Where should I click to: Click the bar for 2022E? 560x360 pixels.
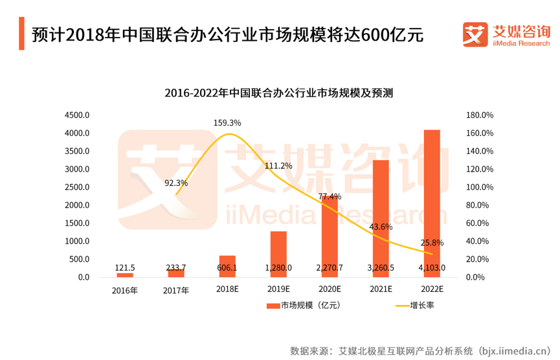tap(432, 201)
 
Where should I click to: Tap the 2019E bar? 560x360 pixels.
tap(278, 253)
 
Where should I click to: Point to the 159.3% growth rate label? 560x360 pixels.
tap(227, 122)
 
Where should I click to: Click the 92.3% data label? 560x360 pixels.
tap(176, 183)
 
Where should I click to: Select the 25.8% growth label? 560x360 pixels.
tap(432, 243)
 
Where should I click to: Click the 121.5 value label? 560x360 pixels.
tap(125, 267)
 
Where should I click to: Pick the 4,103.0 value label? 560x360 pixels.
tap(432, 267)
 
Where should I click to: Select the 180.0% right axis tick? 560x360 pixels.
tap(480, 115)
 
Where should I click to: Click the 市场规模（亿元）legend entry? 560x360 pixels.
tap(304, 306)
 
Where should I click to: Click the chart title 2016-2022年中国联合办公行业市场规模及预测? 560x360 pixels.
tap(279, 93)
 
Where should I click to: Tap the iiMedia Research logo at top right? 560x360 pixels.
tap(506, 34)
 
